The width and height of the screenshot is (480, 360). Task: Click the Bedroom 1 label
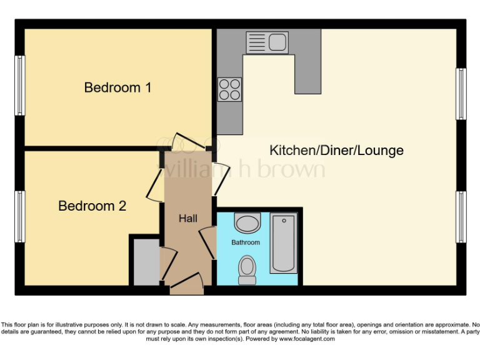click(117, 87)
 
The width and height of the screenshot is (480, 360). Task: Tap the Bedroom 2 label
click(92, 206)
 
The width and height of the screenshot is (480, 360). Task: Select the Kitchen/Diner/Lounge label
click(336, 151)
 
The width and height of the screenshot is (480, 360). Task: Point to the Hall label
click(187, 218)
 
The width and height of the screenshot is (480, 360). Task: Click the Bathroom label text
click(246, 242)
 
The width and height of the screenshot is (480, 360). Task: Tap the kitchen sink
click(267, 42)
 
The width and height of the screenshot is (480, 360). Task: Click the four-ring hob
click(229, 89)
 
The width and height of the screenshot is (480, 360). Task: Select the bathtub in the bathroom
click(283, 243)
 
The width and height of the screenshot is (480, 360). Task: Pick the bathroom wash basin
click(247, 223)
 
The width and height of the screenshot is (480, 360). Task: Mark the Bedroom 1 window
click(20, 86)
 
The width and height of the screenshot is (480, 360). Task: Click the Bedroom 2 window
click(20, 216)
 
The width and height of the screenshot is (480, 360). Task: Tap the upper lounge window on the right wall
click(461, 94)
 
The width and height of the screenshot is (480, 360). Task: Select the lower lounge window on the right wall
click(461, 216)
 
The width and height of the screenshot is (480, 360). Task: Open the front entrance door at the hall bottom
click(187, 286)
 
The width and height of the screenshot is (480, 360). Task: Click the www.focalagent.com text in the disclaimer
click(307, 339)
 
